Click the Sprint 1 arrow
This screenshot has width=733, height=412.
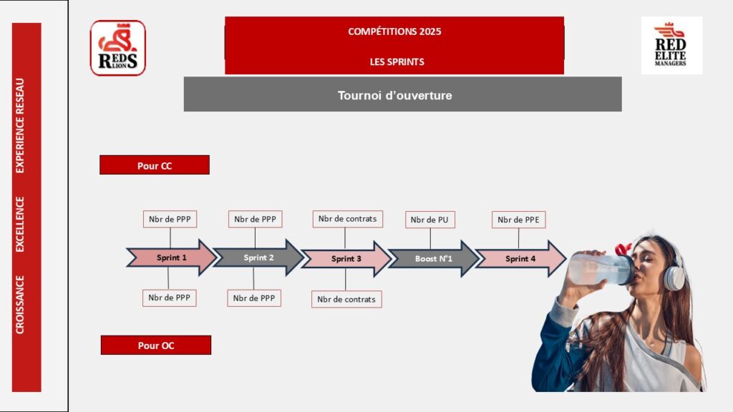click(171, 257)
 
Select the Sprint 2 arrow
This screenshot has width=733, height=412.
click(258, 257)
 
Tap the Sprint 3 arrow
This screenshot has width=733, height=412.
click(346, 259)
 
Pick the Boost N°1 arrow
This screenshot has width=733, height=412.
click(433, 259)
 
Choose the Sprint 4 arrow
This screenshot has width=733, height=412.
click(520, 259)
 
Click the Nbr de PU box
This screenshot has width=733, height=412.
click(429, 220)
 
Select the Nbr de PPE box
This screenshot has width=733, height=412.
click(518, 220)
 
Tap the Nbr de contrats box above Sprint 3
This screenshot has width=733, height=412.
click(347, 219)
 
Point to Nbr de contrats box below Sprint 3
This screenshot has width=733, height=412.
click(346, 299)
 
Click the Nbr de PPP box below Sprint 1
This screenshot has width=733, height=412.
click(169, 298)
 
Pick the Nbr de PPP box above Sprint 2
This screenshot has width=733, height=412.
click(256, 219)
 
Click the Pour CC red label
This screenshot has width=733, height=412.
click(155, 165)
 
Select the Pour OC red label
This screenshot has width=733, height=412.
click(156, 345)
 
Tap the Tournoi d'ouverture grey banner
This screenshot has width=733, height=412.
click(402, 94)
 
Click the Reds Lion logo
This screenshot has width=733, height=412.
click(118, 48)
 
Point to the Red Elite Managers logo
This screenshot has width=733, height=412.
click(671, 45)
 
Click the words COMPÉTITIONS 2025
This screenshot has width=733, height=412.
click(394, 31)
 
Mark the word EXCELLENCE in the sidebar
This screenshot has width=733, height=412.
click(19, 224)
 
